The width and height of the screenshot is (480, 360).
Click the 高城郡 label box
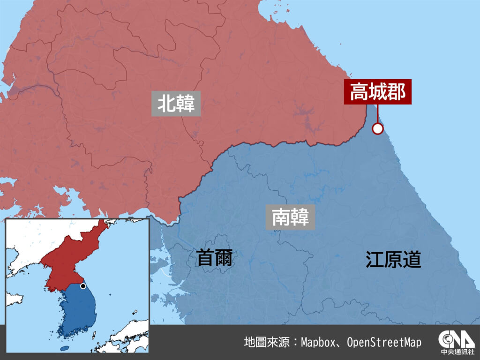click(378, 92)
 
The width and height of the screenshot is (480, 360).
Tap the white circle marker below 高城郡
click(377, 128)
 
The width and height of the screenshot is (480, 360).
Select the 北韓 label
click(176, 104)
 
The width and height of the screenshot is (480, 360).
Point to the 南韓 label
click(291, 217)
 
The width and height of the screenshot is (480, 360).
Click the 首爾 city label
click(214, 257)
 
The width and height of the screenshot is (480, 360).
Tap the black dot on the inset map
click(83, 285)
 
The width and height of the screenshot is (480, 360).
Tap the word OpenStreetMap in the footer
click(384, 342)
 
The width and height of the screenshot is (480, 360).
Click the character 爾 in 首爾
click(224, 257)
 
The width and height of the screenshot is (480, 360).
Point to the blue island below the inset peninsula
click(65, 348)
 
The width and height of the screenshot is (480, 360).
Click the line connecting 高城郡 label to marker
click(377, 114)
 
